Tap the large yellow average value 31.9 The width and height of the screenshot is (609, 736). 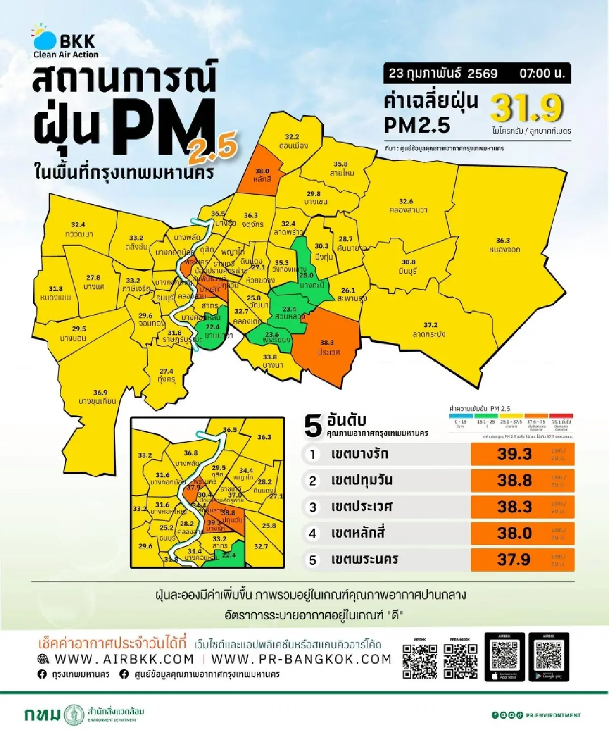coord(527,108)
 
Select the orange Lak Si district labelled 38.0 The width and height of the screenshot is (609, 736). coord(261,173)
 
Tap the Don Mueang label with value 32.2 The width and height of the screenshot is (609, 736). coord(292,141)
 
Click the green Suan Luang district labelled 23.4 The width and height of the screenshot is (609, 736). coord(289,312)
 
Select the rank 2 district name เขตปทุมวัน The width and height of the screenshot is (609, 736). coord(361,480)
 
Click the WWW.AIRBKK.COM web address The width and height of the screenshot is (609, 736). coord(124,659)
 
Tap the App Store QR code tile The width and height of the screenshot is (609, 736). coord(504,657)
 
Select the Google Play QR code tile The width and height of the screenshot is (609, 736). coord(549,657)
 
